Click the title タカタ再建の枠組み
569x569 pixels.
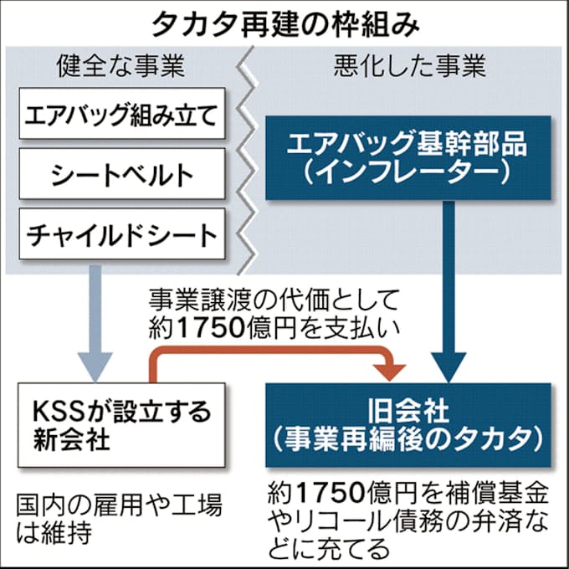[285, 23]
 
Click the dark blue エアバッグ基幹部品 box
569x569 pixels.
[408, 157]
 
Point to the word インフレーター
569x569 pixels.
[408, 173]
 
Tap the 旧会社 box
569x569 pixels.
[408, 425]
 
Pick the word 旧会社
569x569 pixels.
[408, 411]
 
